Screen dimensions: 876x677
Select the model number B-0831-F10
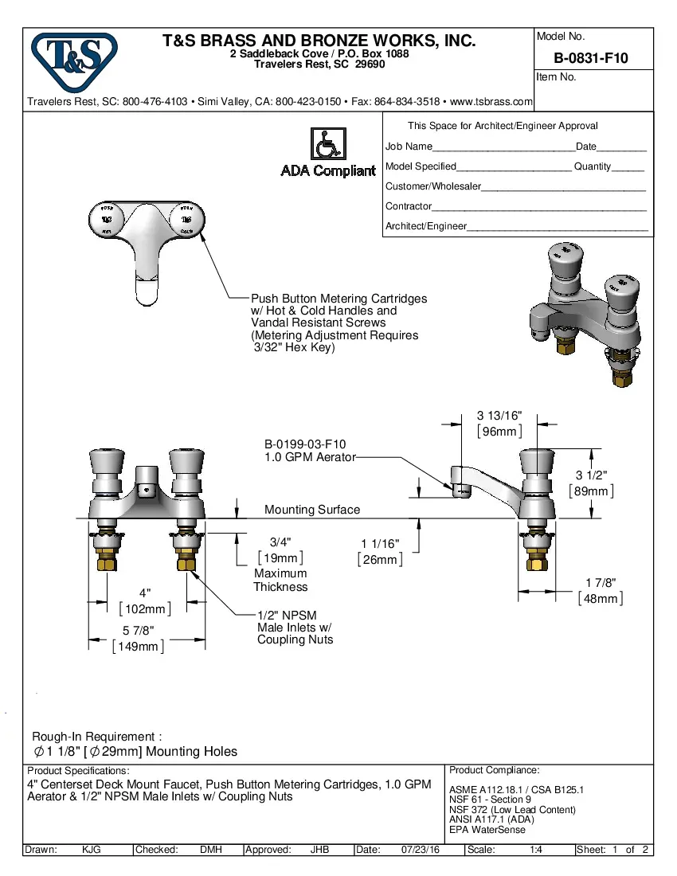click(x=590, y=58)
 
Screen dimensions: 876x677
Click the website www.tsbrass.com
click(x=491, y=102)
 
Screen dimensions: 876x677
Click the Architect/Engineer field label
click(x=426, y=226)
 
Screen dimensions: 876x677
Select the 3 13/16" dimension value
click(x=499, y=416)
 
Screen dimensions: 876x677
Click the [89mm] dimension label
click(x=591, y=491)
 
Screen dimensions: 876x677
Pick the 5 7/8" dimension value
click(x=138, y=631)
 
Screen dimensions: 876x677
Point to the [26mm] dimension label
click(x=380, y=560)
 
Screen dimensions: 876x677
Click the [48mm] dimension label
click(x=601, y=598)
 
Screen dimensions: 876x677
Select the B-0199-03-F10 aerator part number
click(x=305, y=444)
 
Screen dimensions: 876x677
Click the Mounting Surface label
click(x=311, y=510)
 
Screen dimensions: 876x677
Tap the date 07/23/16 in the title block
click(x=421, y=850)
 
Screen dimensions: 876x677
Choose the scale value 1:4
click(x=536, y=850)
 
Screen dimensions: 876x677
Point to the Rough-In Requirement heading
click(x=97, y=737)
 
